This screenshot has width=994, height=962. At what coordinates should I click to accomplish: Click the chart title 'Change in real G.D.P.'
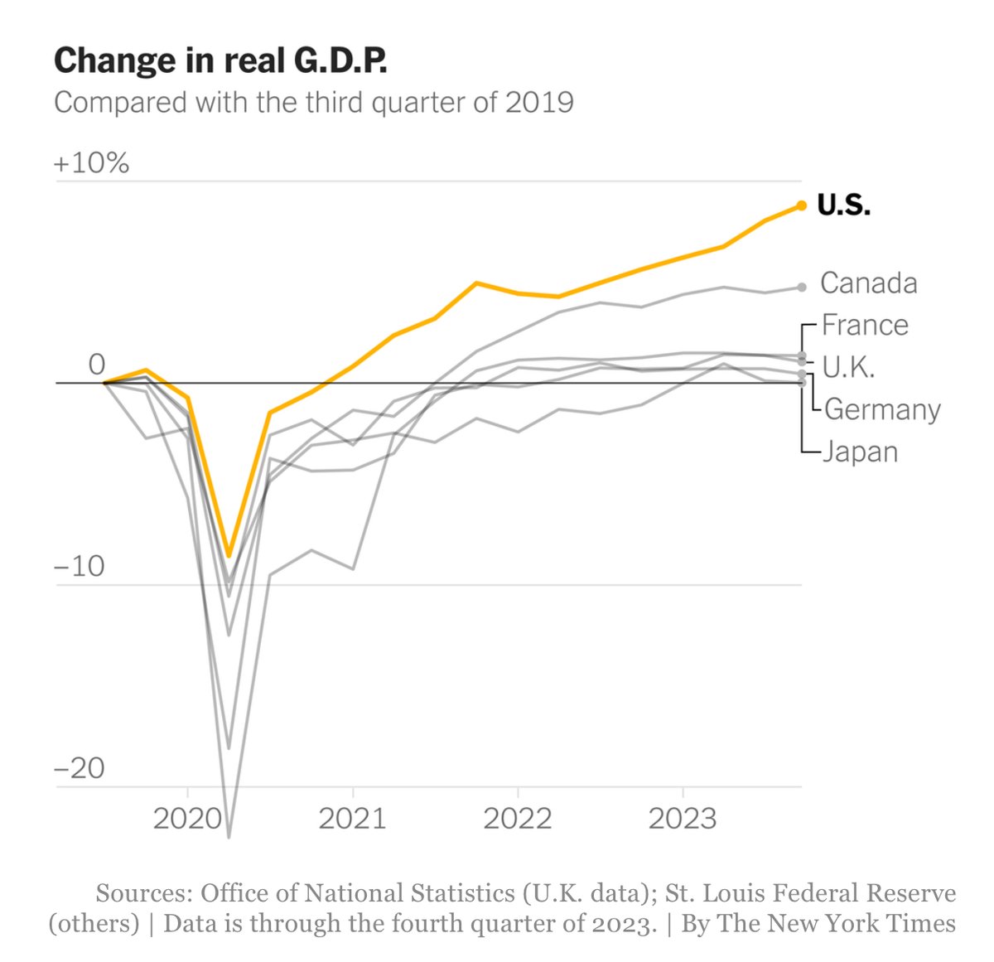(x=220, y=62)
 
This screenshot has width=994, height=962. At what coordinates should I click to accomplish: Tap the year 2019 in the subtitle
(x=539, y=103)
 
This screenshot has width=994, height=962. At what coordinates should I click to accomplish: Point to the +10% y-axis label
(x=91, y=163)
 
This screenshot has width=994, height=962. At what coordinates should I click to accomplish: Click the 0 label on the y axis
(x=97, y=365)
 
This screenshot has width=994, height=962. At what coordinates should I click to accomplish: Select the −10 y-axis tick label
(x=80, y=567)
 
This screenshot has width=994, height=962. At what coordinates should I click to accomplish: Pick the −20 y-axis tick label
(x=80, y=769)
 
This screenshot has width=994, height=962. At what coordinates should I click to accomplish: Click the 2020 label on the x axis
(x=187, y=819)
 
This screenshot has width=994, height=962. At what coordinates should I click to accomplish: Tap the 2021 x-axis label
(x=352, y=819)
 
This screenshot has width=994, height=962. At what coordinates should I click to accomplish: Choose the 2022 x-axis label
(x=517, y=819)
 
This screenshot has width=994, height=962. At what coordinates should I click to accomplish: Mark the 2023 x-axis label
(x=682, y=819)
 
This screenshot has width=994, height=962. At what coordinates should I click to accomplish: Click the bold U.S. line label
(x=843, y=205)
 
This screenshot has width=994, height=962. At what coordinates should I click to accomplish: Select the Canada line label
(x=868, y=283)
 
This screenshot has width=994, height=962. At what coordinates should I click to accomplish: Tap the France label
(x=865, y=325)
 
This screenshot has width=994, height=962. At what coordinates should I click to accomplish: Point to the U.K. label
(x=848, y=367)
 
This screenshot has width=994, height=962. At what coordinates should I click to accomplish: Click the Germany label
(x=882, y=409)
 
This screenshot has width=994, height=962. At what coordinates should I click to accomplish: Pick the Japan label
(x=860, y=452)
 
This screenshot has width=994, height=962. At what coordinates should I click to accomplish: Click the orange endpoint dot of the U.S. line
(x=801, y=205)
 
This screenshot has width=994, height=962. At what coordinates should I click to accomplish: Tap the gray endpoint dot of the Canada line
(x=801, y=288)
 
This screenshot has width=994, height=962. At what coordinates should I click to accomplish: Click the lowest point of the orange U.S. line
(x=229, y=556)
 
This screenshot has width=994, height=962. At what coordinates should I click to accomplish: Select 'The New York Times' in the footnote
(x=837, y=923)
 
